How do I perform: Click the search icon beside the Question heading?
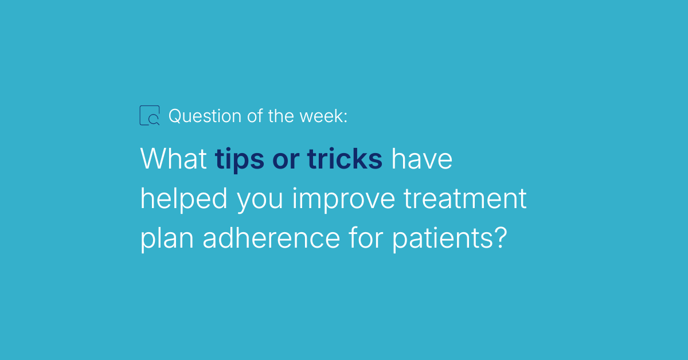click(x=150, y=115)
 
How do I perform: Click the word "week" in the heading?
click(x=322, y=116)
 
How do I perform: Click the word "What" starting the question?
click(x=174, y=159)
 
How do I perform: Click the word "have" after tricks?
click(x=422, y=159)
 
